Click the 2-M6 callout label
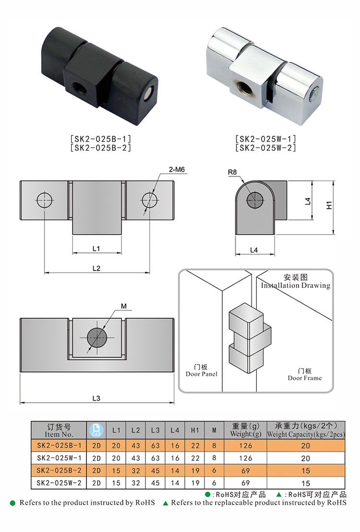tap(177, 169)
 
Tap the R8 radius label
tap(233, 171)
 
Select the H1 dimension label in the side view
tap(329, 205)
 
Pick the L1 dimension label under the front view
tap(96, 248)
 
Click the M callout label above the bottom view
tap(123, 306)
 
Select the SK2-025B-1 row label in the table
tap(59, 445)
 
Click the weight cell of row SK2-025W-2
tap(246, 483)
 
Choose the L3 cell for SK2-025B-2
tap(155, 471)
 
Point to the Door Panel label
tap(202, 371)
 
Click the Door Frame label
tap(305, 374)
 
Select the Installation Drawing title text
tap(295, 285)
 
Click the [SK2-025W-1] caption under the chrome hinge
tap(265, 139)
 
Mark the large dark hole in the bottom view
tap(97, 337)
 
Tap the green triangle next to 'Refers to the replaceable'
tap(166, 503)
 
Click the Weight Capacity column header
tap(306, 430)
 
